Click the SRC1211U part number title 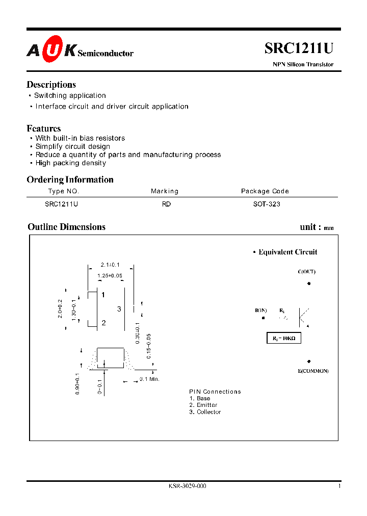click(299, 48)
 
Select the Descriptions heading click(51, 85)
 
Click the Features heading click(44, 128)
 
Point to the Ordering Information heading click(70, 179)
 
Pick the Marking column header click(165, 191)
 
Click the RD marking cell click(166, 204)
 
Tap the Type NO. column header click(64, 191)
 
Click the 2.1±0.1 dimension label click(110, 265)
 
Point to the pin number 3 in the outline click(119, 309)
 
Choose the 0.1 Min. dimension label click(150, 379)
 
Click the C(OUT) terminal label click(306, 272)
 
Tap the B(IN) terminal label click(261, 310)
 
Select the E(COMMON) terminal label click(313, 371)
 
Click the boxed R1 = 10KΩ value click(284, 338)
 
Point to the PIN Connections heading click(215, 392)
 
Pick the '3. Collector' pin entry click(205, 412)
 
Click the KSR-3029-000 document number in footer click(187, 486)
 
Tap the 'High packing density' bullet click(70, 163)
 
